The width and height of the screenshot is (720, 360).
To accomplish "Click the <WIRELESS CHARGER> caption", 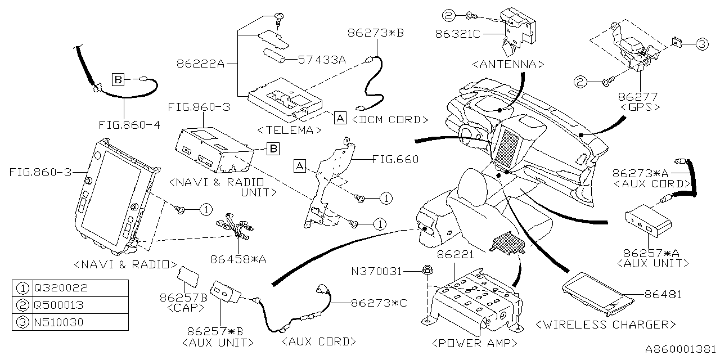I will tap(606, 325).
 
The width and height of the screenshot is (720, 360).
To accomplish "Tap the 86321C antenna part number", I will tap(457, 34).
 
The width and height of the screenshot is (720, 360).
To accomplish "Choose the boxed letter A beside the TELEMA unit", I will tap(339, 118).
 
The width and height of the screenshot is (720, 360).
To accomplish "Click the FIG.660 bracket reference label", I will tap(395, 159).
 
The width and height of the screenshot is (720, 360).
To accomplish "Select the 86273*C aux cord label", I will tap(379, 303).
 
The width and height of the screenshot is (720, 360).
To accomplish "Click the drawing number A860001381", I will tap(681, 350).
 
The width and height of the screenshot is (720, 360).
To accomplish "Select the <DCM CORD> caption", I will tap(391, 119).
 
